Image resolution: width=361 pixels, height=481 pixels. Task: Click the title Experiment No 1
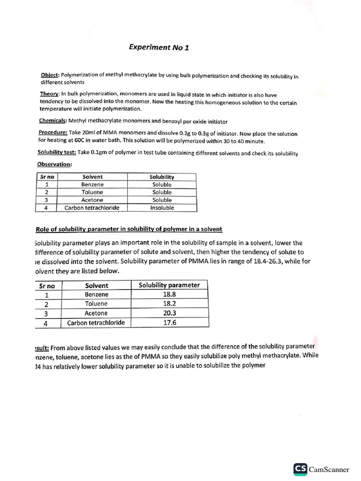click(x=159, y=47)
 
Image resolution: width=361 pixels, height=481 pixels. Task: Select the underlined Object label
click(x=50, y=75)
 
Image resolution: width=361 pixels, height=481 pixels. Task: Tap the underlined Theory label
click(x=49, y=94)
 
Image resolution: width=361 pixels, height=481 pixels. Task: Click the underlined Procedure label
click(x=53, y=133)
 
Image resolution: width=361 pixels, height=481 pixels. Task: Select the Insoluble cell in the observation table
click(x=162, y=208)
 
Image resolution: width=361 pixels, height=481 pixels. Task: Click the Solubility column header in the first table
click(x=162, y=177)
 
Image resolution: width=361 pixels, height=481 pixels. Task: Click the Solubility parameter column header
click(x=169, y=285)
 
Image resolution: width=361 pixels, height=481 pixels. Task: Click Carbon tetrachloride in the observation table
click(x=92, y=208)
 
